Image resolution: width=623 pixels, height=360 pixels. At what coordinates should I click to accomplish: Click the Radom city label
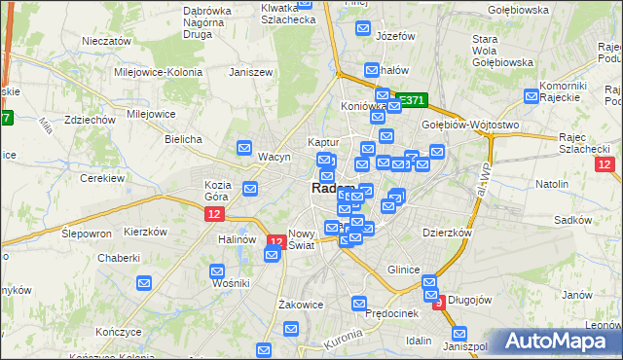tap(329, 189)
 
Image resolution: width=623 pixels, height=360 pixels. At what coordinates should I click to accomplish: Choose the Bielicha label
tap(183, 139)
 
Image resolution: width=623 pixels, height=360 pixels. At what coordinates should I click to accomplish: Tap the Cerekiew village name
tap(101, 178)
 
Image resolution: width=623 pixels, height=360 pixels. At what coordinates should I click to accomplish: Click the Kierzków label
tap(147, 233)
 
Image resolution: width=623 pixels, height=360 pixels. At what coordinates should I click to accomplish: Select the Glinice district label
tap(403, 270)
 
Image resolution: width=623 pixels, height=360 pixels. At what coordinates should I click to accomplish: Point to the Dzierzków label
tap(447, 233)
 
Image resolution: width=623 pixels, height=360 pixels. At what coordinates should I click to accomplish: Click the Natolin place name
tap(551, 183)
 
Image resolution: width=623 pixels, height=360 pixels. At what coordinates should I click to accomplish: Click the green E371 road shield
tap(410, 100)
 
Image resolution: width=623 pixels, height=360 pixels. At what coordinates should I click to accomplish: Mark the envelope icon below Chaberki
tap(144, 283)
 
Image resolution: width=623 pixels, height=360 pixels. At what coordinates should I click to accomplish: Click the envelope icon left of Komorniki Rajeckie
tap(531, 96)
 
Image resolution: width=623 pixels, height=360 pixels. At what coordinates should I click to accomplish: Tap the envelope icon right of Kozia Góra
tap(250, 189)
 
